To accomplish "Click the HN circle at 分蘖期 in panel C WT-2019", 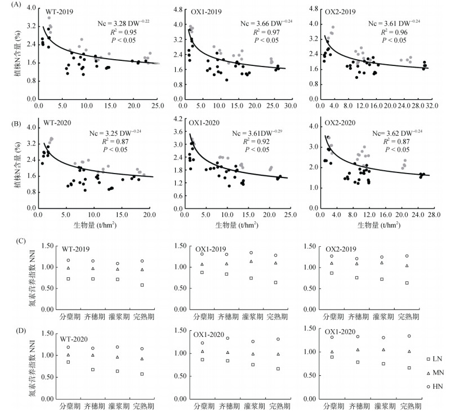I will tap(68, 260).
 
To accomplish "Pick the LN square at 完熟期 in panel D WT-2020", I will tap(142, 374).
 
